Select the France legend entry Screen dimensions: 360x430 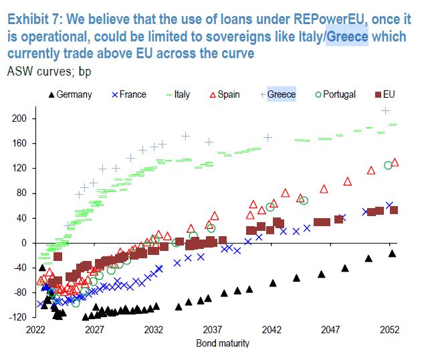pyautogui.click(x=126, y=94)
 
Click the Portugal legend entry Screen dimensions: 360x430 pyautogui.click(x=334, y=94)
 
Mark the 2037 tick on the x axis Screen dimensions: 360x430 pyautogui.click(x=213, y=330)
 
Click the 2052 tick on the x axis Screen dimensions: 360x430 pyautogui.click(x=390, y=330)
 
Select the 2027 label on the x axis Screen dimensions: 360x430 pyautogui.click(x=94, y=330)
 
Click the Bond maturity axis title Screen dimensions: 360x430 pyautogui.click(x=222, y=343)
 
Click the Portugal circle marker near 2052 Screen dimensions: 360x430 pyautogui.click(x=388, y=165)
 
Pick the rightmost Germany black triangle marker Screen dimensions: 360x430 pyautogui.click(x=392, y=253)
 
